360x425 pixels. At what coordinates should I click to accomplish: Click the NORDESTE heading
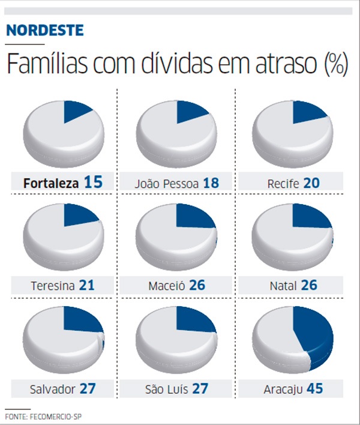click(x=46, y=30)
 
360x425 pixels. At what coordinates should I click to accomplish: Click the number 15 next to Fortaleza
click(x=94, y=182)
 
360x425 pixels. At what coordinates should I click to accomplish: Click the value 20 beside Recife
click(x=311, y=182)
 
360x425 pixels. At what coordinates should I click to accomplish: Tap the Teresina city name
click(x=53, y=286)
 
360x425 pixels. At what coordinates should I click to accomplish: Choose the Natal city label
click(x=283, y=286)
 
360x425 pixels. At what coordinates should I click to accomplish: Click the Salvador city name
click(x=53, y=389)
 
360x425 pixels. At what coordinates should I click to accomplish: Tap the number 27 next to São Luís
click(x=200, y=388)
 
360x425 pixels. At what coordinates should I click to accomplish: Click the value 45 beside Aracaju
click(x=314, y=388)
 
